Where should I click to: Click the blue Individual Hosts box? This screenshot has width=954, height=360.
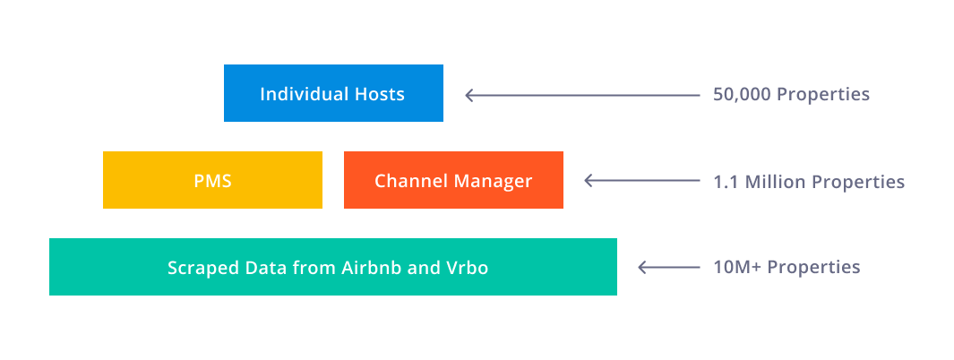[x=333, y=93]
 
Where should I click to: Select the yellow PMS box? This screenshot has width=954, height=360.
[x=212, y=180]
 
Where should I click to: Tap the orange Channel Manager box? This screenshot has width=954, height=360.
[x=453, y=180]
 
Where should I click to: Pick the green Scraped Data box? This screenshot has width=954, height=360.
[x=333, y=267]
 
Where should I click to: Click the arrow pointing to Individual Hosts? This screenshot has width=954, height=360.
[x=582, y=95]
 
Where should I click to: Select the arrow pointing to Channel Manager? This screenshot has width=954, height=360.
[x=642, y=180]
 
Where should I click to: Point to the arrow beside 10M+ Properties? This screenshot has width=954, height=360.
[x=668, y=267]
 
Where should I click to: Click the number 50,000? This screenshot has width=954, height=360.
[x=743, y=95]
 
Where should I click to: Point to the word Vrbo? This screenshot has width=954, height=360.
[x=468, y=268]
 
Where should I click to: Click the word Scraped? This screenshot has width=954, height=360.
[x=194, y=268]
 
